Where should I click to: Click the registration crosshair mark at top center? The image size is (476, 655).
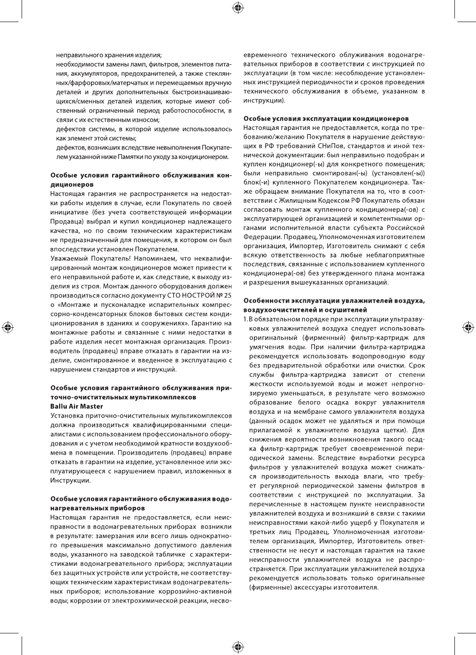pyautogui.click(x=238, y=7)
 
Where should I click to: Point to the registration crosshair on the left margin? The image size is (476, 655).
pyautogui.click(x=7, y=327)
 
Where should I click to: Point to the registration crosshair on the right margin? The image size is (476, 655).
pyautogui.click(x=468, y=327)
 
